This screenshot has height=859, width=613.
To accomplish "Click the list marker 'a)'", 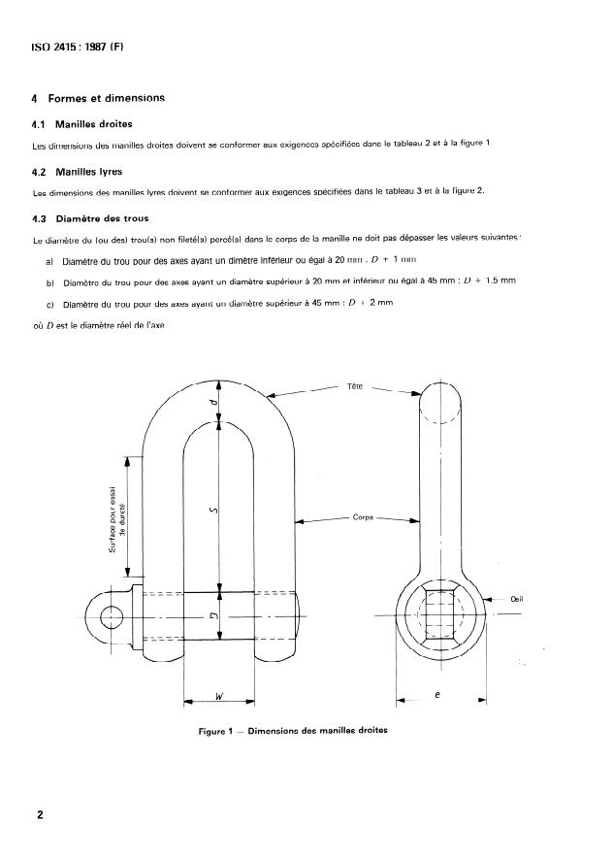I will [x=49, y=261].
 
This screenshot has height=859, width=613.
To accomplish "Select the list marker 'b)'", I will [x=49, y=281].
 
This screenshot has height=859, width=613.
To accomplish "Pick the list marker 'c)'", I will [x=49, y=303].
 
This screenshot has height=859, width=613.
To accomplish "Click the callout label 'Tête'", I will [x=355, y=386].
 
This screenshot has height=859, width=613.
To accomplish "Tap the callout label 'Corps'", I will [x=363, y=518].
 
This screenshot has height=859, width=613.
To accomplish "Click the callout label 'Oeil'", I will [x=516, y=599].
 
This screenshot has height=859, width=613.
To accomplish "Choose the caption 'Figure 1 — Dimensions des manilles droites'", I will [x=293, y=731].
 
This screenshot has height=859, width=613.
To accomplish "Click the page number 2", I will [x=40, y=815].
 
